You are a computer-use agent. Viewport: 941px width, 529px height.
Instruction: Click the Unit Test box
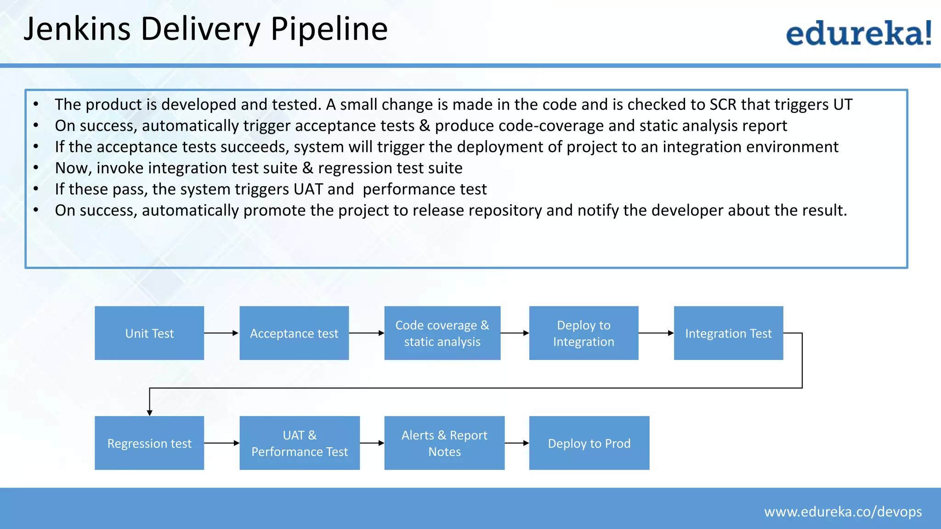point(149,333)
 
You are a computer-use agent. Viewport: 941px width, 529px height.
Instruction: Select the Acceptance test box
point(294,333)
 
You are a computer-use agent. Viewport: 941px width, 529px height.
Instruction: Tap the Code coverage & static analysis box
point(442,333)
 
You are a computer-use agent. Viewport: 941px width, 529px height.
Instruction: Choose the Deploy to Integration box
point(584,333)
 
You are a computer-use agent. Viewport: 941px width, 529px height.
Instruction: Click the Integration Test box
point(728,333)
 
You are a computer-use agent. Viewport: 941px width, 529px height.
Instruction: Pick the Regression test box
point(149,443)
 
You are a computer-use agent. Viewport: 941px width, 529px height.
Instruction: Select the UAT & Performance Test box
point(300,443)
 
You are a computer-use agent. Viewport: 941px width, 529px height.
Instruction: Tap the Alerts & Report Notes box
point(444,443)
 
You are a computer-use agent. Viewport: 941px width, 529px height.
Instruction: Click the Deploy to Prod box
point(589,443)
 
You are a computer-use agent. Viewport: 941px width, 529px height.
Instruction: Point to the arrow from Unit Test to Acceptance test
point(221,333)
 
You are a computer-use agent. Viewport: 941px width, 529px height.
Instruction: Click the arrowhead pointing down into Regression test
point(149,412)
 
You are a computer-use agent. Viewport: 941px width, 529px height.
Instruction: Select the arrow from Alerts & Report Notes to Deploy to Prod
point(516,443)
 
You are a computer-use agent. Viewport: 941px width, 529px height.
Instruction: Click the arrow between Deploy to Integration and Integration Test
point(656,333)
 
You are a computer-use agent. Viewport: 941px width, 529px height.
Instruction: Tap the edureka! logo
point(858,33)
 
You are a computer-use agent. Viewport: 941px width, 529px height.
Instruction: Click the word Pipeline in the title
point(329,29)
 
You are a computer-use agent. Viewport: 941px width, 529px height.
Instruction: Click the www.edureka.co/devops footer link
point(843,512)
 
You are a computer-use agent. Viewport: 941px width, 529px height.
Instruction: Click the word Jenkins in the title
point(77,29)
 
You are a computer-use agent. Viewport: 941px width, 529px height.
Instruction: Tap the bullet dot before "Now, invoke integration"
point(36,168)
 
